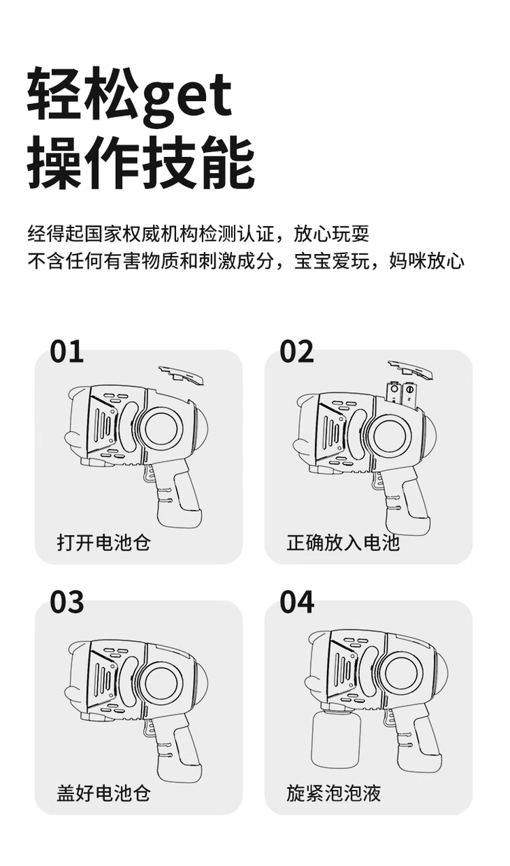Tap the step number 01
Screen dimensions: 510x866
click(66, 352)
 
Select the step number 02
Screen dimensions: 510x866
click(296, 352)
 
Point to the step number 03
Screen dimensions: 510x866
click(66, 602)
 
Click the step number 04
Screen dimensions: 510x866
click(297, 602)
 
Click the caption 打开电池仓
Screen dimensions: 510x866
click(103, 542)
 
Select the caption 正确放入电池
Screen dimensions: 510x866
click(343, 542)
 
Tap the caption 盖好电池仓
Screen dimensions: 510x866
click(103, 793)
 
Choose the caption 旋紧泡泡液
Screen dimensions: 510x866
click(333, 793)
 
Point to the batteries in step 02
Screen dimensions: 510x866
click(402, 396)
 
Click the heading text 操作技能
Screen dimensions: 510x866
click(141, 162)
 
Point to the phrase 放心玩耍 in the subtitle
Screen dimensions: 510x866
click(332, 234)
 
